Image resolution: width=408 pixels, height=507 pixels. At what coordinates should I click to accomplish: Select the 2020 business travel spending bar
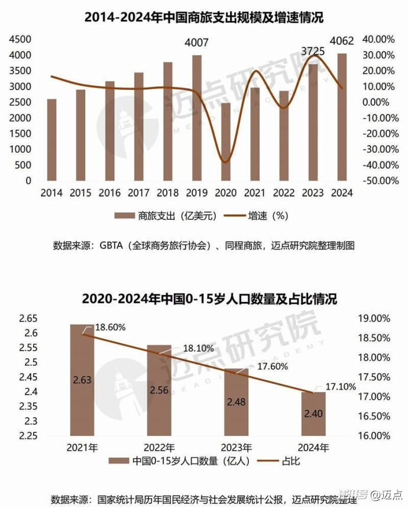tap(226, 142)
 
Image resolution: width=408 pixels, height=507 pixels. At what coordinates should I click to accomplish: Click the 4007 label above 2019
tap(197, 43)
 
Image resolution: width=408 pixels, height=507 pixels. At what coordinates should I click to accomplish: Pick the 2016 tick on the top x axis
tap(110, 193)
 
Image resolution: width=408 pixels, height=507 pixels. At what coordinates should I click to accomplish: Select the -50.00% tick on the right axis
tap(378, 180)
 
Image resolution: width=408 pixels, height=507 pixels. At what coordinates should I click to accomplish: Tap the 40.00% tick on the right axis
tap(379, 39)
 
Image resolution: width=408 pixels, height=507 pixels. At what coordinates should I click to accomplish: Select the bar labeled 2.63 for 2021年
tap(82, 380)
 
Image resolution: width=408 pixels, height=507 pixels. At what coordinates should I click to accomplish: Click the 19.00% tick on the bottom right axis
tap(375, 319)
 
